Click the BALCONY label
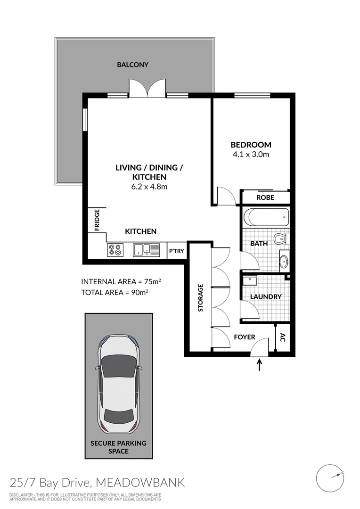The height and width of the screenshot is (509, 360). [x=132, y=65]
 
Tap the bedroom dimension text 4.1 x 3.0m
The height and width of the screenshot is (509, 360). [x=250, y=154]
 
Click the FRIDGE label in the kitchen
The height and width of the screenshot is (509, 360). [x=97, y=220]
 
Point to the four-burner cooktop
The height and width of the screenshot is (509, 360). [x=115, y=249]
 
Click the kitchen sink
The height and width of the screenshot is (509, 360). [x=144, y=249]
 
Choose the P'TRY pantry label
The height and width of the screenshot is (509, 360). [x=176, y=251]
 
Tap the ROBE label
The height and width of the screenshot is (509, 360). [x=265, y=197]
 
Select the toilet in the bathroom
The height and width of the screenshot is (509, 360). [x=281, y=238]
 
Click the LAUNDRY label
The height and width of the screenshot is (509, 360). [x=266, y=296]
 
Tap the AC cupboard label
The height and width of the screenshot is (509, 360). [x=283, y=337]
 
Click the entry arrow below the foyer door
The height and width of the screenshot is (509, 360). [x=260, y=364]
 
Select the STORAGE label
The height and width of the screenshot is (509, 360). [x=200, y=298]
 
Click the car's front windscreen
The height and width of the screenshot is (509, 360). [x=117, y=366]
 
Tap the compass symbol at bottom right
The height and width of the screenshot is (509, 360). [x=330, y=477]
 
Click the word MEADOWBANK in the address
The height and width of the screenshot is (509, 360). [x=140, y=483]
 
